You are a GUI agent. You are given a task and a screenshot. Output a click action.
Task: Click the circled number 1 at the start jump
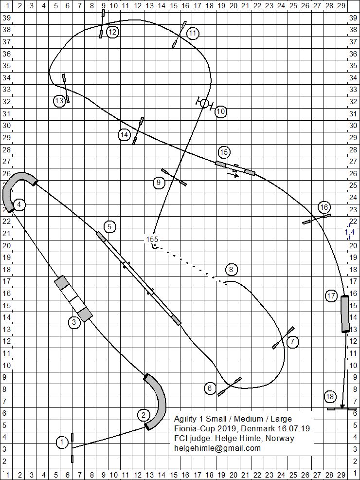62,443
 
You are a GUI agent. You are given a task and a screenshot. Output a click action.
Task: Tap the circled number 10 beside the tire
221,111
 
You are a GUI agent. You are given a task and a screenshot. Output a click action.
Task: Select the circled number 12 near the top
112,33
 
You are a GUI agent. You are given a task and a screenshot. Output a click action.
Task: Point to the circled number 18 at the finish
330,397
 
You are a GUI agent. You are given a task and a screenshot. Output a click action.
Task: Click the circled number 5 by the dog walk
110,226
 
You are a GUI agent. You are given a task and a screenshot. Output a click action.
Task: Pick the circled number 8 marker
232,270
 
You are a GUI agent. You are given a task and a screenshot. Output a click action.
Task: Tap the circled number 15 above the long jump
224,152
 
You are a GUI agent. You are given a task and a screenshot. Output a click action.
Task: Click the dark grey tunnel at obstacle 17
345,314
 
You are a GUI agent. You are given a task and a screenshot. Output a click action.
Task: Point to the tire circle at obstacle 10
204,103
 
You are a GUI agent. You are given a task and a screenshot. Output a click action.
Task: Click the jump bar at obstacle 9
174,177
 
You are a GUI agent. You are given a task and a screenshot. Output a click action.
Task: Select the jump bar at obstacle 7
284,338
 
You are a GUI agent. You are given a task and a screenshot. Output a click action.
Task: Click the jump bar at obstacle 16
316,219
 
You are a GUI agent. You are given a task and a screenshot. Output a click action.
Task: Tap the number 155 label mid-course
152,239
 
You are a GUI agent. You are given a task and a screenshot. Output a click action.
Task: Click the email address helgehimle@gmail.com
217,448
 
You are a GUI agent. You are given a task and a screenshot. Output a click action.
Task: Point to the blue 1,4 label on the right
350,232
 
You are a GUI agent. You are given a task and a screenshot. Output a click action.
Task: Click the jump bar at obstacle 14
138,131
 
